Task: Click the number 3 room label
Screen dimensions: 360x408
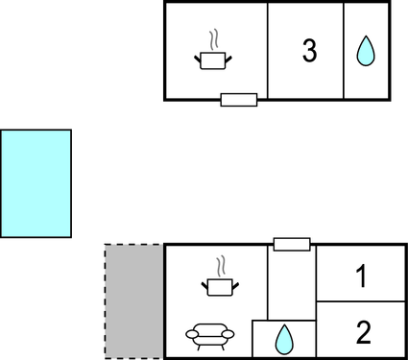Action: pyautogui.click(x=309, y=52)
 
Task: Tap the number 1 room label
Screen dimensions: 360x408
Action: pyautogui.click(x=362, y=278)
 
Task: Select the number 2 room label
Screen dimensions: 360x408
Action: pyautogui.click(x=363, y=333)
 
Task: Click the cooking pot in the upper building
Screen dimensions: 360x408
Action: pyautogui.click(x=215, y=60)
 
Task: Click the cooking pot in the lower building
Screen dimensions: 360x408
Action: pyautogui.click(x=220, y=285)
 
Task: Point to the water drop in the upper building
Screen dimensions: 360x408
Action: pyautogui.click(x=366, y=52)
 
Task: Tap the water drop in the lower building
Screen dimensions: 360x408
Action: pyautogui.click(x=284, y=339)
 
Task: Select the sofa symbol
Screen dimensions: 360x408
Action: pyautogui.click(x=209, y=335)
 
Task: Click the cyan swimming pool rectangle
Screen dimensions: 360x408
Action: pyautogui.click(x=36, y=183)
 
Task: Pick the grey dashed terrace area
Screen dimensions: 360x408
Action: pyautogui.click(x=133, y=301)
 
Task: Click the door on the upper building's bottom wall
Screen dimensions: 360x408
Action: pyautogui.click(x=239, y=99)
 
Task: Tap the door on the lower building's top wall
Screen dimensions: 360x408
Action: pyautogui.click(x=292, y=245)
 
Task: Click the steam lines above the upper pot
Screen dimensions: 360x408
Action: pyautogui.click(x=216, y=39)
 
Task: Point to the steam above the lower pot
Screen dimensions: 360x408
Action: pyautogui.click(x=222, y=264)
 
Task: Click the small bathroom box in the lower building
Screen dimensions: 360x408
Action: pyautogui.click(x=284, y=339)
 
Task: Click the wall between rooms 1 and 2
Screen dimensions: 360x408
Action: pyautogui.click(x=362, y=302)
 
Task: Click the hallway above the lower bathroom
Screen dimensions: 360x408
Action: pyautogui.click(x=292, y=283)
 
